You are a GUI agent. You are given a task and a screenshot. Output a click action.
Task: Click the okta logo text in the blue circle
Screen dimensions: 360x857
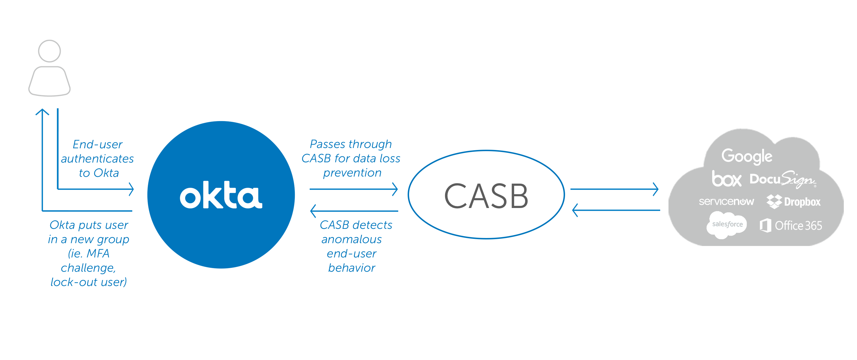coord(221,196)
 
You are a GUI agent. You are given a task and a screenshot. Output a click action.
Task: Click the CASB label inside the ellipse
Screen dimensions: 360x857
coord(486,196)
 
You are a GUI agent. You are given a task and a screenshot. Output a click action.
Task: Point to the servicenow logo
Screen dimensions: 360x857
coord(726,202)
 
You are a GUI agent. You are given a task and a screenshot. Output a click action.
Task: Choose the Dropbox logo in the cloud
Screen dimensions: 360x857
coord(794,202)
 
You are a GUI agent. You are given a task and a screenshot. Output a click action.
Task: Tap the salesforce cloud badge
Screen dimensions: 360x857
coord(727,225)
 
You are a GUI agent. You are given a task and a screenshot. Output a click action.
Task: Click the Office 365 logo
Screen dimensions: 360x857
coord(790,226)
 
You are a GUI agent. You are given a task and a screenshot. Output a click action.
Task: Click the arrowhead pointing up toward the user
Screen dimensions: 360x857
coord(42,112)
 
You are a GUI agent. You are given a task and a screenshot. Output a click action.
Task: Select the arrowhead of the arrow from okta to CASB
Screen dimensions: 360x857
coord(395,189)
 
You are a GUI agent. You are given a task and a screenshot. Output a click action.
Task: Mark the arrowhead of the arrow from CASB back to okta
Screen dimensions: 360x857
coord(313,211)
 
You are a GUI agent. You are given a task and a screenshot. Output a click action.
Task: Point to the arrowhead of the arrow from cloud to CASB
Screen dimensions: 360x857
coord(574,210)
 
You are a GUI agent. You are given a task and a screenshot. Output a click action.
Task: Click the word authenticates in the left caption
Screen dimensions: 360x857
coord(97,159)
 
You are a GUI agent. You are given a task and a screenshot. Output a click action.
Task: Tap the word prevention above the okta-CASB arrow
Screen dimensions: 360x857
coord(352,173)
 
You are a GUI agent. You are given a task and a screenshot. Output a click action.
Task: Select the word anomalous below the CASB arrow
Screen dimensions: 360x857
coord(351,239)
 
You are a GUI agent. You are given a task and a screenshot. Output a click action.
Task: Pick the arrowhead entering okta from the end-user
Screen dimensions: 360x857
coord(131,189)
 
